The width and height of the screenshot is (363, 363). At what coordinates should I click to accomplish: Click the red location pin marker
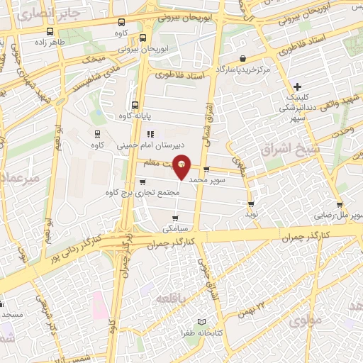(x=182, y=166)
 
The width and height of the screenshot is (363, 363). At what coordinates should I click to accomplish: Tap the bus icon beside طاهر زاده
(x=50, y=31)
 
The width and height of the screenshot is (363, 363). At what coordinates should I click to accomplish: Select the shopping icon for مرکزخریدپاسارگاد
(x=243, y=58)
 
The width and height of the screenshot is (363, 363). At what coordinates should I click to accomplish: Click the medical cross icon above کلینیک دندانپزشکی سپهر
(x=298, y=86)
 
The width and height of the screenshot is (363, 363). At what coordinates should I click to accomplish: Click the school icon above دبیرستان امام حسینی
(x=150, y=134)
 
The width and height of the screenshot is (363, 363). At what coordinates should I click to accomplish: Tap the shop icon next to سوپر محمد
(x=206, y=169)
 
